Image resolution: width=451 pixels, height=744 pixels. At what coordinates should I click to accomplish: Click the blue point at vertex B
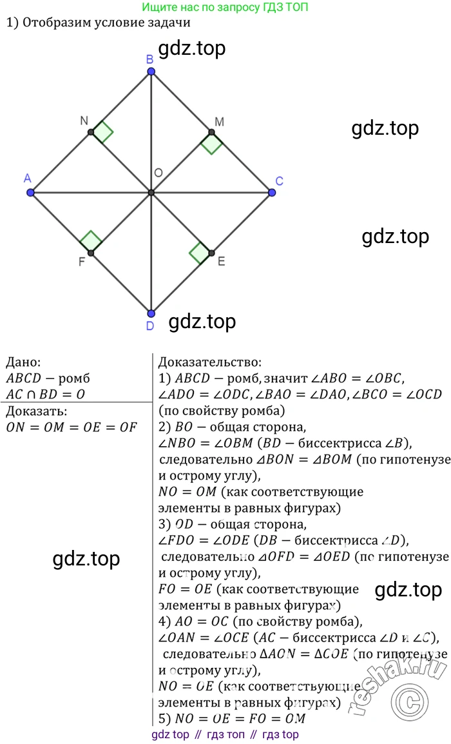pyautogui.click(x=151, y=72)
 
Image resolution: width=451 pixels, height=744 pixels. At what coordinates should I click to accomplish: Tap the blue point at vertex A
pyautogui.click(x=30, y=193)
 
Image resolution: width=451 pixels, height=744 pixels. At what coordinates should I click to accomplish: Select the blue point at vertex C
pyautogui.click(x=272, y=193)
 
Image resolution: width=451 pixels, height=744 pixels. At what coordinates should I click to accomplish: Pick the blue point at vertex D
pyautogui.click(x=151, y=313)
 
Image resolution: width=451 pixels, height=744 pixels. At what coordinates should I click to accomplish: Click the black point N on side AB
pyautogui.click(x=91, y=132)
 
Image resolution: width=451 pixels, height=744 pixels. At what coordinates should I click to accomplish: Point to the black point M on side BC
pyautogui.click(x=211, y=132)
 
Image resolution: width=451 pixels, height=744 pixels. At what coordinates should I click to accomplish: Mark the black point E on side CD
pyautogui.click(x=211, y=253)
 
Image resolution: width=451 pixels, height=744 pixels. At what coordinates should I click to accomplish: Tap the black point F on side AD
pyautogui.click(x=91, y=253)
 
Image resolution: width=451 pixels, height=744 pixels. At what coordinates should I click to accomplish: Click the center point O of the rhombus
pyautogui.click(x=151, y=193)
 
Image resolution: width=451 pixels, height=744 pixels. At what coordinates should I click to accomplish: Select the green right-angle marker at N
pyautogui.click(x=102, y=132)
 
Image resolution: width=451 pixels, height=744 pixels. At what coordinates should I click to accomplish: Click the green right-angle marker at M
pyautogui.click(x=211, y=143)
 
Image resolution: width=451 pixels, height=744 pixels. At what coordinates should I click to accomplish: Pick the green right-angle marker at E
pyautogui.click(x=200, y=253)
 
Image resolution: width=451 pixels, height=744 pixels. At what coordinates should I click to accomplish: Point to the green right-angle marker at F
pyautogui.click(x=91, y=242)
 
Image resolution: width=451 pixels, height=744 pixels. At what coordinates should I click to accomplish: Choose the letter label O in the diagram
pyautogui.click(x=158, y=173)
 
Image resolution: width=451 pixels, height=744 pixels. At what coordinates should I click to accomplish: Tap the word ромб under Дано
pyautogui.click(x=73, y=378)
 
